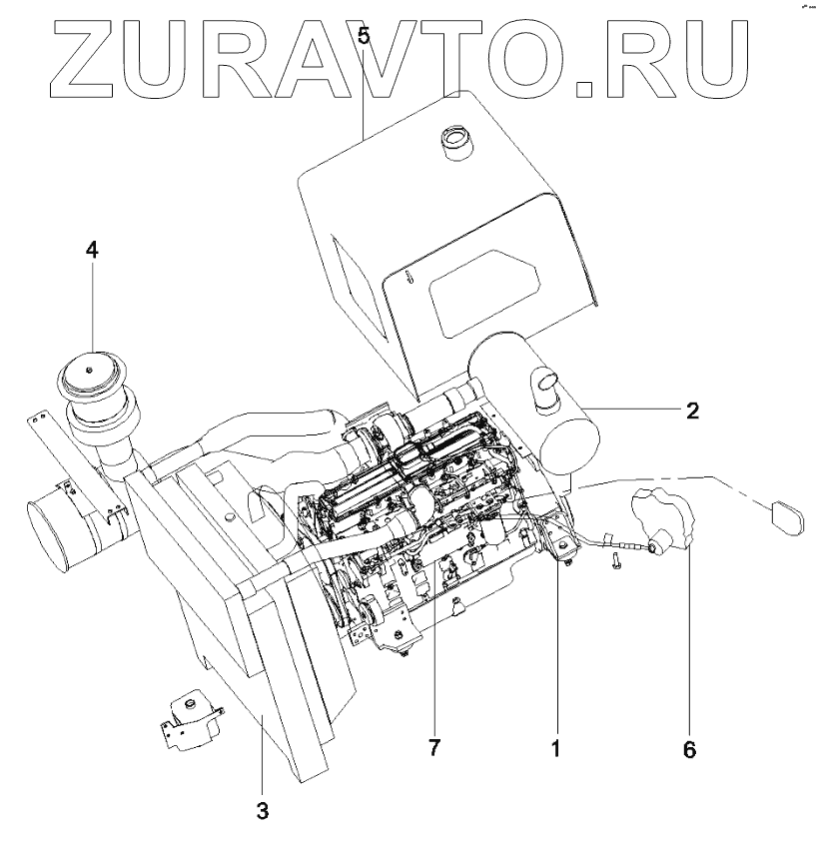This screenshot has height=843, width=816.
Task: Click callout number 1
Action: pos(556,745)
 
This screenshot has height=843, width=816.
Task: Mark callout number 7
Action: pos(434,747)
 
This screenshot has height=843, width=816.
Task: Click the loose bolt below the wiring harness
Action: pos(616,566)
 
